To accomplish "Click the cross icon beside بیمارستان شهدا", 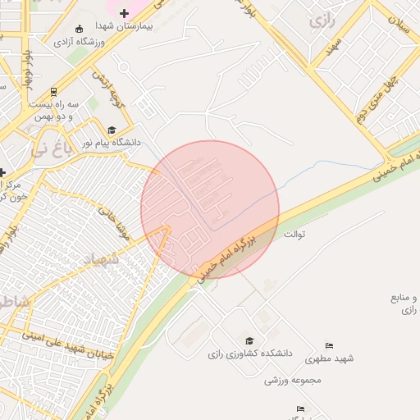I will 124,13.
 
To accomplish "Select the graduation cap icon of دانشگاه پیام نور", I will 112,130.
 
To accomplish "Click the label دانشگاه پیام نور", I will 111,143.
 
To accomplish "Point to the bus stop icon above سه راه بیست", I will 54,92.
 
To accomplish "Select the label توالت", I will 294,235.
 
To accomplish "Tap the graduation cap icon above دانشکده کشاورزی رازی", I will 249,340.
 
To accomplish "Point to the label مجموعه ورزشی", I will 293,380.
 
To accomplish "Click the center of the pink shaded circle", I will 210,210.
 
